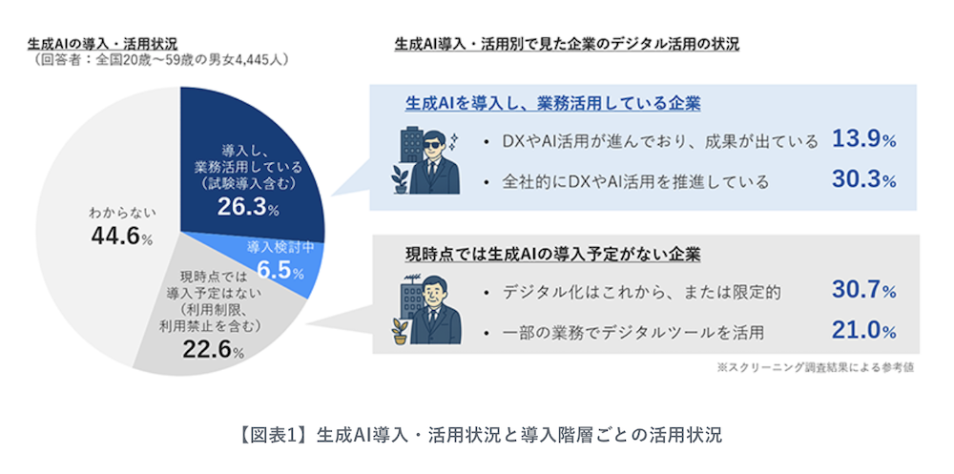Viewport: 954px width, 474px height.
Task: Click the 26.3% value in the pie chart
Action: tap(248, 207)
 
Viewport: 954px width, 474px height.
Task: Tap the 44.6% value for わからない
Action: tap(122, 237)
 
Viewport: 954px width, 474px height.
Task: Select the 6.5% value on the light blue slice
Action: tap(280, 270)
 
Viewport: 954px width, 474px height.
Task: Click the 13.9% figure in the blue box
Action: tap(864, 139)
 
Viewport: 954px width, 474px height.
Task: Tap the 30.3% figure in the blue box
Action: tap(864, 180)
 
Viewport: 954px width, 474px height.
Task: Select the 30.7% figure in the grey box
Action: tap(864, 291)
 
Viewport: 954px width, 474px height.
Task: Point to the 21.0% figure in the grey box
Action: tap(864, 331)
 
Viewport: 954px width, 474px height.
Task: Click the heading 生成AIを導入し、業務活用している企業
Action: tap(553, 103)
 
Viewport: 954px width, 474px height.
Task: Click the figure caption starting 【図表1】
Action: tap(477, 436)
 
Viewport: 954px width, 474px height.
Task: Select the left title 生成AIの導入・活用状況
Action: tap(102, 44)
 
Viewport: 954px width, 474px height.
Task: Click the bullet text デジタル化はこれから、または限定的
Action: tap(641, 292)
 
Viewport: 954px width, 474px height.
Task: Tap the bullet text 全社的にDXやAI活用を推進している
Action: tap(635, 181)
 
